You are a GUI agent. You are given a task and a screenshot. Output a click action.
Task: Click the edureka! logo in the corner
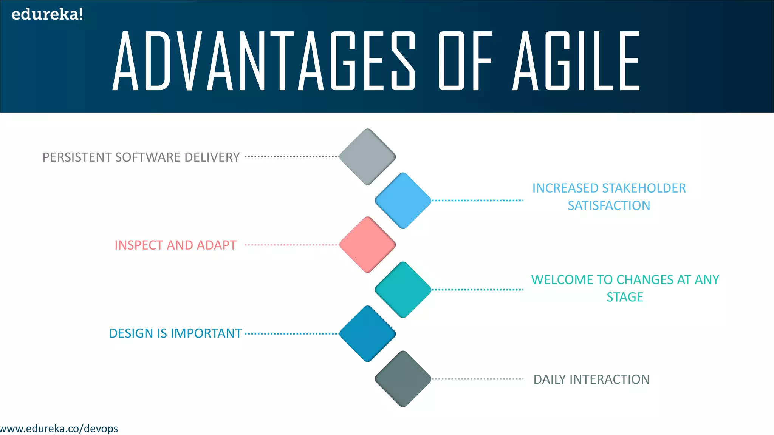point(47,14)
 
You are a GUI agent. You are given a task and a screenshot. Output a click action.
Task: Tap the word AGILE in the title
point(576,61)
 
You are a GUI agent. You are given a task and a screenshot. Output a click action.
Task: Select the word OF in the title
point(466,61)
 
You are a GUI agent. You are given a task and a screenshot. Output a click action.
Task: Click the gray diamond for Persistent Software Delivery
point(367,157)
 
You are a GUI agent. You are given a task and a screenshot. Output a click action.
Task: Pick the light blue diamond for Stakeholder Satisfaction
point(403,201)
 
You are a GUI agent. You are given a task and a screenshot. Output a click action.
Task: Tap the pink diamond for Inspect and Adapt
point(367,245)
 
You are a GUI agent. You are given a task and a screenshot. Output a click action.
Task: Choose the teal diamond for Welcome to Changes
point(403,290)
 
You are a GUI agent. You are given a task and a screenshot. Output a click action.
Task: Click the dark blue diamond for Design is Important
point(367,334)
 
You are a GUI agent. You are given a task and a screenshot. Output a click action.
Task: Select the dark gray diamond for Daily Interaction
point(403,379)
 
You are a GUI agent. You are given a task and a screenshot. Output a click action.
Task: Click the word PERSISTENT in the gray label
point(77,157)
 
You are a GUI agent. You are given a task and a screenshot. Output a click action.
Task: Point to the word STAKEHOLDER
point(644,188)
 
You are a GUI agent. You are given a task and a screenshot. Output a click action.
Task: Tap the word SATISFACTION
point(609,205)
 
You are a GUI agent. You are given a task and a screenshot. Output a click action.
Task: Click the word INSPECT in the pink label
point(139,245)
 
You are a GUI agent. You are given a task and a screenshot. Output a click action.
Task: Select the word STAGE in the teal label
point(625,297)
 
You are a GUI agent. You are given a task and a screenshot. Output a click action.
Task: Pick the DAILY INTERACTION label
point(591,379)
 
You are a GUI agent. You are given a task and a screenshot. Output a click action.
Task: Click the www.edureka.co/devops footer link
point(59,429)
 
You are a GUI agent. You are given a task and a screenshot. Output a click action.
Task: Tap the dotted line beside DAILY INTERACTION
point(477,379)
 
